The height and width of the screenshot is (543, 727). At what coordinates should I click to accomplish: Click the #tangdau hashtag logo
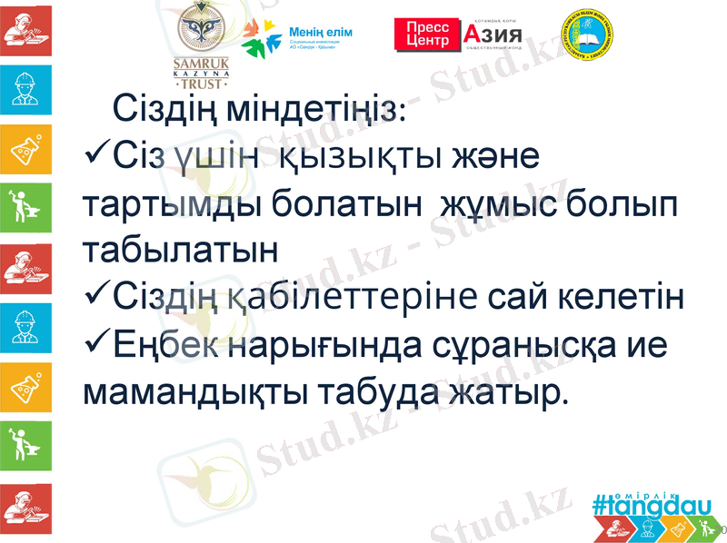[644, 501]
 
